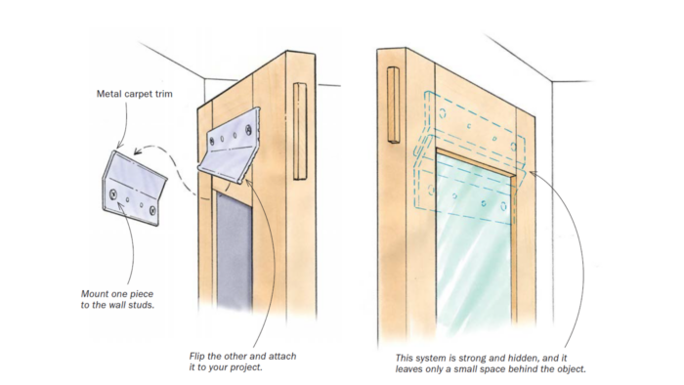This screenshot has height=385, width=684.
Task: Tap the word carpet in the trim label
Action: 143,95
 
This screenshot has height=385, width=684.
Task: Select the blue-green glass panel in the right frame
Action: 474,244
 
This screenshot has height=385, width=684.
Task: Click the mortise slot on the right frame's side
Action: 394,106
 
